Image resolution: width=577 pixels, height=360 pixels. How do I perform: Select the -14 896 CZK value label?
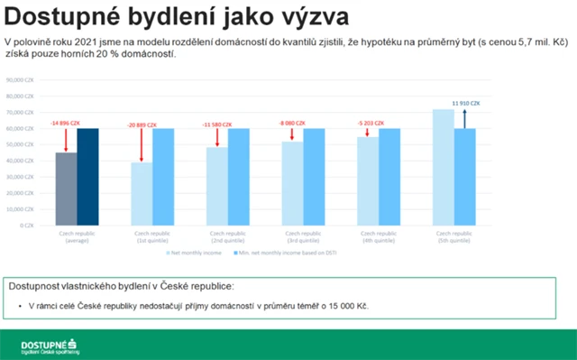click(65, 123)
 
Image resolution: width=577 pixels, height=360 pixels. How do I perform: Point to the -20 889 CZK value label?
click(142, 123)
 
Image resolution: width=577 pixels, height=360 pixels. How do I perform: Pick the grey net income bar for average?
click(65, 189)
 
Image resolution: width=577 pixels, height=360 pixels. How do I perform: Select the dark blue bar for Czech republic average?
click(87, 177)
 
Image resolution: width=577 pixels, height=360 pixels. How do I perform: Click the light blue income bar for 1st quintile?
click(142, 193)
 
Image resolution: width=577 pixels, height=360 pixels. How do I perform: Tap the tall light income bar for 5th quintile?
click(443, 167)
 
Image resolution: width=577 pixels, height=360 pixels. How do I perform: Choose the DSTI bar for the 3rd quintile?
click(314, 177)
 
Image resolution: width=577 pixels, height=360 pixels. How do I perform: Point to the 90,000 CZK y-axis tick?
click(20, 80)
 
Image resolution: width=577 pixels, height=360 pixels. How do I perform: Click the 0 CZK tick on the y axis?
click(24, 225)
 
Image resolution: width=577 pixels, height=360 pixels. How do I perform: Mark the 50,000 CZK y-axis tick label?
click(20, 144)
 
